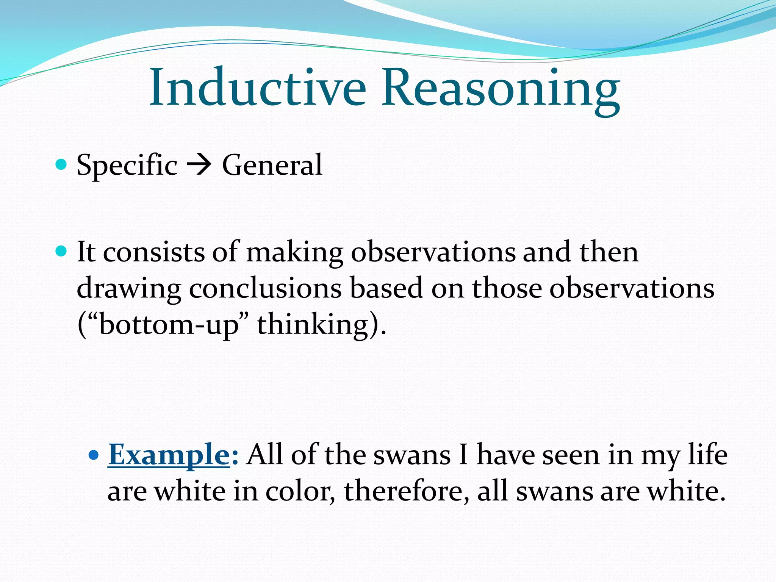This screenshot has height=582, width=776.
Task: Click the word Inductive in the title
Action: point(258,88)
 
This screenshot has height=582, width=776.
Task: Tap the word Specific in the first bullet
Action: point(127,165)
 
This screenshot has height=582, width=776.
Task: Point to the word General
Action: point(272,165)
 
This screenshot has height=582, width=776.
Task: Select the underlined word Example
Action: point(169,455)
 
